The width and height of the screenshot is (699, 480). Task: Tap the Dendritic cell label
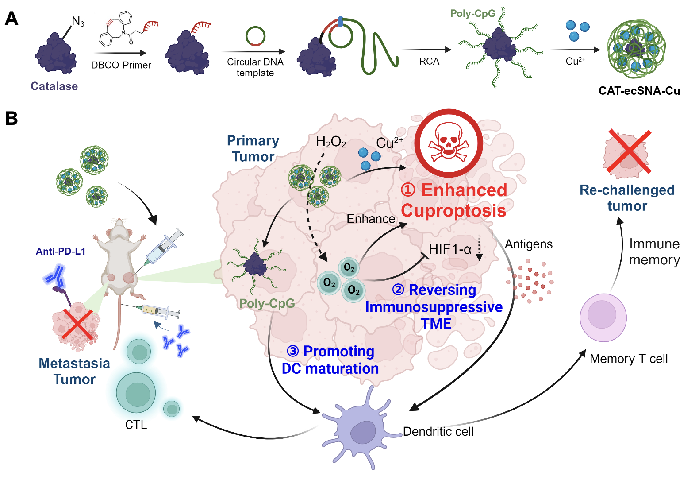coord(438,431)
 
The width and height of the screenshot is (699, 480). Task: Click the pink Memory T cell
coord(603,317)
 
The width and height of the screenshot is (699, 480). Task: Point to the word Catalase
coord(54,86)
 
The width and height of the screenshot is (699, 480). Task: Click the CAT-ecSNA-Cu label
coord(639,91)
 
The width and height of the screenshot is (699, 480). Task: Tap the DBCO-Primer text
coord(121,65)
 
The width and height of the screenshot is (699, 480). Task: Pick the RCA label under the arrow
coord(429,62)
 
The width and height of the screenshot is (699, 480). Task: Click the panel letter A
coord(12,19)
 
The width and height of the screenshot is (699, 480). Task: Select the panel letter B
coord(12,118)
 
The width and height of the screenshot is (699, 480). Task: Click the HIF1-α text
coord(450,249)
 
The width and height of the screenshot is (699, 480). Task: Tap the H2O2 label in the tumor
coord(330,142)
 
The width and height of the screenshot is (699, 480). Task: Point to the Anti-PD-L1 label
coord(61,251)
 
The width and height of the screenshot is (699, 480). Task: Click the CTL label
coord(136,425)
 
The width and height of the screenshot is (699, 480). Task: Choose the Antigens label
coord(529,244)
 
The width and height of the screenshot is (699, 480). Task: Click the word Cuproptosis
coord(453,210)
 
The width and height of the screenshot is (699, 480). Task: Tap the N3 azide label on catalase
coord(78,22)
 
